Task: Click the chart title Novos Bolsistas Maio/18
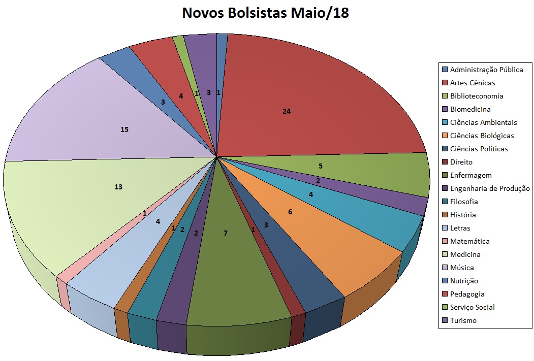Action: tap(265, 13)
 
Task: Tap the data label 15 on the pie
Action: tap(124, 129)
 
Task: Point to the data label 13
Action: tap(118, 187)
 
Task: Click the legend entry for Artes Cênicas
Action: tap(472, 83)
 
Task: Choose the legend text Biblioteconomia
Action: tap(477, 96)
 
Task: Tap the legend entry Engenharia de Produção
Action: tap(490, 188)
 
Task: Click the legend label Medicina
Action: tap(465, 254)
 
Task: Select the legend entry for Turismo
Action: tap(463, 320)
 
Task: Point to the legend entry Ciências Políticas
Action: tap(479, 149)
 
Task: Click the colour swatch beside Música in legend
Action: tap(445, 268)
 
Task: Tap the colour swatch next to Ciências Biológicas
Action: tap(445, 136)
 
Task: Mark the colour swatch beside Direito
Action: tap(445, 162)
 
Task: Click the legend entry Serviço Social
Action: tap(472, 307)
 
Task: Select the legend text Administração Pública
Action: tap(486, 70)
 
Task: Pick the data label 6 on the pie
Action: tap(290, 212)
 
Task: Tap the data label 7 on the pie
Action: tap(226, 233)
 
